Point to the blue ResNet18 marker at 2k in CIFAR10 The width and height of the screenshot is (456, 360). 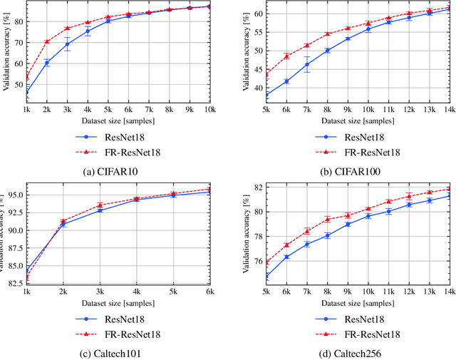click(x=47, y=63)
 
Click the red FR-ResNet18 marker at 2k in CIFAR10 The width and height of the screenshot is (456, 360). click(x=47, y=42)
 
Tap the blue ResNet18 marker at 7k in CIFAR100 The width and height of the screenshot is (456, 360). click(x=307, y=64)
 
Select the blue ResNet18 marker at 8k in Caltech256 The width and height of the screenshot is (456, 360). click(x=328, y=235)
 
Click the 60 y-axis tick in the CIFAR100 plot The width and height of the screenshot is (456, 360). click(x=259, y=14)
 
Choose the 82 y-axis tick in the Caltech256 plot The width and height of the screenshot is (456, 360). click(x=259, y=187)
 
